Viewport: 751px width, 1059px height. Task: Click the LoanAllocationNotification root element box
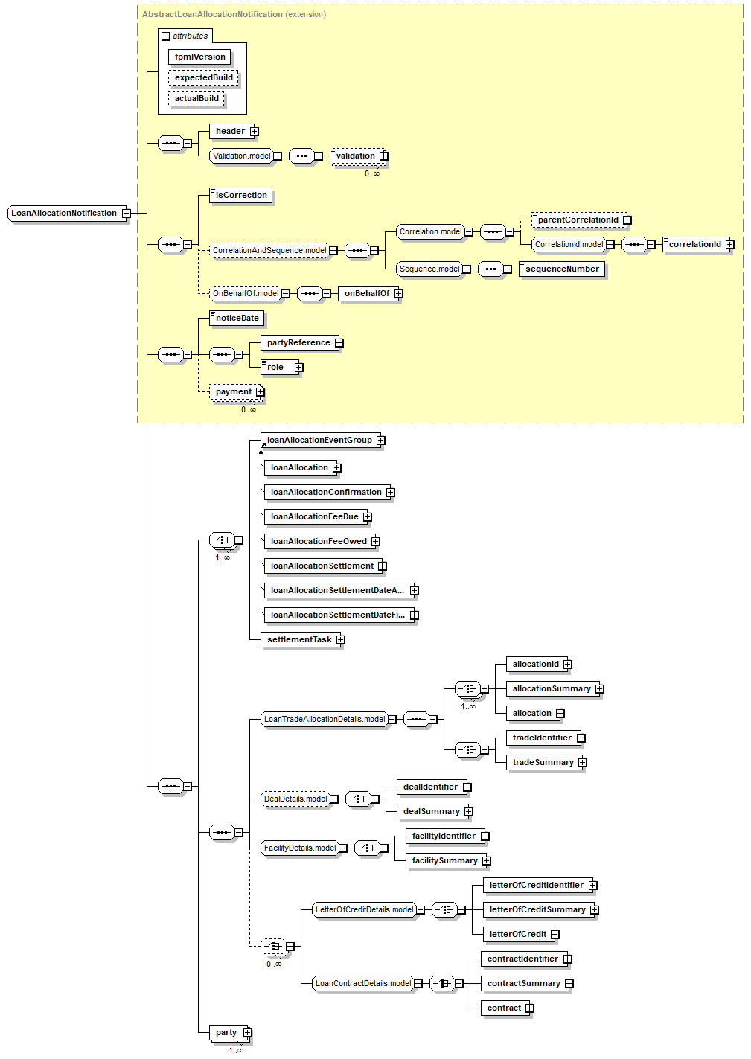[x=64, y=214]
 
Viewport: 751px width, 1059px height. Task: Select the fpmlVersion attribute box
[x=199, y=57]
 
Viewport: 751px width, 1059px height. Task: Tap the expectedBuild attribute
[x=203, y=78]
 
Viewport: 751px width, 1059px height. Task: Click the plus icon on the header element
[x=255, y=132]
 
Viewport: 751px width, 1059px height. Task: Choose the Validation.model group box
[x=241, y=156]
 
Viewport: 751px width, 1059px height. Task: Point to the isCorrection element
[x=240, y=196]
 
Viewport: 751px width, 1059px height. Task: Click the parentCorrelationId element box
[x=578, y=220]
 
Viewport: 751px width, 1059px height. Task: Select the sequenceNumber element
[x=561, y=269]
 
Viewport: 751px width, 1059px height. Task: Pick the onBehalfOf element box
[x=366, y=294]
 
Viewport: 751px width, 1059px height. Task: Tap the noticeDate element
[x=237, y=319]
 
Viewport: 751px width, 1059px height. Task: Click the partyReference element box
[x=298, y=343]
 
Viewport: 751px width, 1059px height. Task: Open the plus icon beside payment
[x=261, y=392]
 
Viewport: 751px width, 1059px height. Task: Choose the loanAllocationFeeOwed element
[x=318, y=542]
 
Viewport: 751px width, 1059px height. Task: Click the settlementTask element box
[x=299, y=640]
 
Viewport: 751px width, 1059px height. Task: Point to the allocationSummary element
[x=551, y=689]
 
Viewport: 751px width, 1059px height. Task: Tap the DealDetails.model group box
[x=295, y=799]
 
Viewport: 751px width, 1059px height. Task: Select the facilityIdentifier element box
[x=443, y=836]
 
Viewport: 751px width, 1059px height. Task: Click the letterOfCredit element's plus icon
[x=555, y=935]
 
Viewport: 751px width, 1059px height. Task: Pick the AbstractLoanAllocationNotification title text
[x=212, y=14]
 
